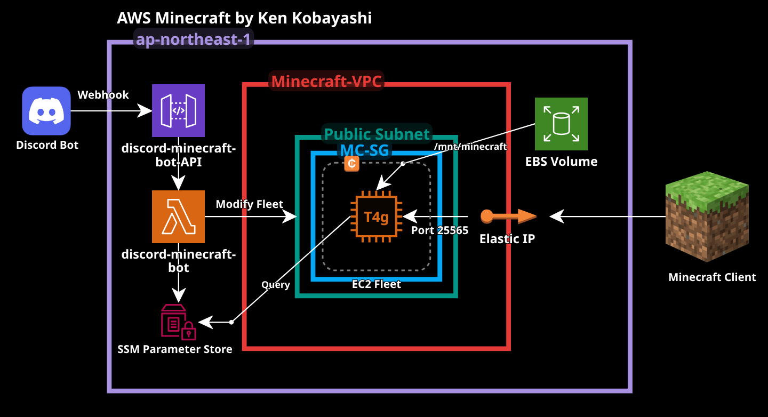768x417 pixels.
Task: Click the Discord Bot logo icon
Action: [x=46, y=111]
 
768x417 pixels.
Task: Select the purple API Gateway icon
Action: [x=178, y=110]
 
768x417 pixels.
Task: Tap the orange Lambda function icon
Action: [x=178, y=216]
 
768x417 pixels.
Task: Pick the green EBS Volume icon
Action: [x=561, y=124]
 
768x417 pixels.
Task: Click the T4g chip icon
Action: [x=376, y=216]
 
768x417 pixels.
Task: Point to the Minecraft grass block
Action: [x=707, y=216]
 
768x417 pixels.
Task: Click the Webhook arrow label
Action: [x=103, y=95]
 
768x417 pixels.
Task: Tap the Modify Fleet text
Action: [x=249, y=204]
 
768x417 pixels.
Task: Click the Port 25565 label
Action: [x=439, y=230]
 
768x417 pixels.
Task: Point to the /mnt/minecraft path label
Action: [x=470, y=147]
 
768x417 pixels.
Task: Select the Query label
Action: [x=275, y=285]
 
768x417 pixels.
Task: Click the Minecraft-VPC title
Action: [x=327, y=82]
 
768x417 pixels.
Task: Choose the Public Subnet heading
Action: [x=377, y=134]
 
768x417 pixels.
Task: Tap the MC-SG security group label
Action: [x=365, y=150]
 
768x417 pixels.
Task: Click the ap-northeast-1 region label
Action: [x=193, y=39]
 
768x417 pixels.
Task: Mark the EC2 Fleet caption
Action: [x=376, y=284]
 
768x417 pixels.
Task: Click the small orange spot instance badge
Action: [x=351, y=164]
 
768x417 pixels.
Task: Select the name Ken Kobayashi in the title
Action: [x=315, y=18]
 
